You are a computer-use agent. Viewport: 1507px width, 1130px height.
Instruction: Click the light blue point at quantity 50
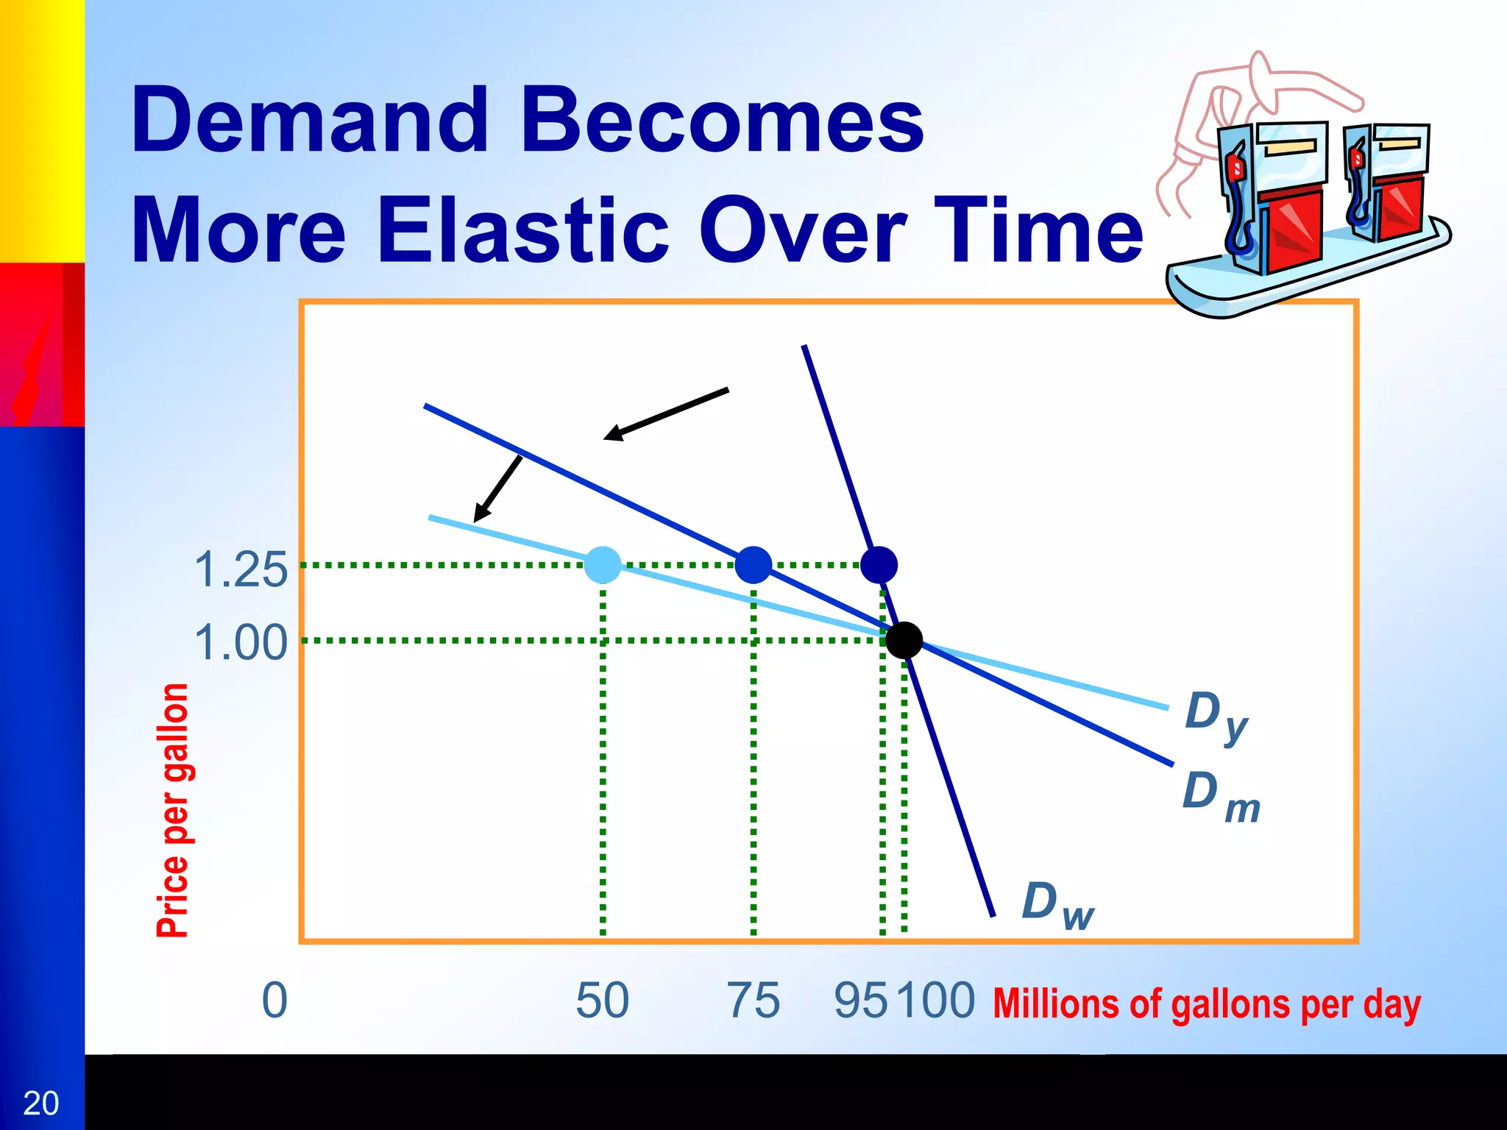(603, 565)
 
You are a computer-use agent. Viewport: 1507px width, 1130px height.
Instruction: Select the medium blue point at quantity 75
(753, 565)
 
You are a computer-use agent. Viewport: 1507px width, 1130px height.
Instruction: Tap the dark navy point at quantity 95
(879, 565)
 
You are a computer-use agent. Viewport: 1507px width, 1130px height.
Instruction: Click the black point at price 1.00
(904, 640)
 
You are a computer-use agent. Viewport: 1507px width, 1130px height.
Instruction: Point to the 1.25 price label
(241, 569)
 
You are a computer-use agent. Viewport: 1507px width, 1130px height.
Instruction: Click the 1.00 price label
(241, 642)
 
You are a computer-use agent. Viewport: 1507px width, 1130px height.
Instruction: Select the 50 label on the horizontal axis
(602, 1001)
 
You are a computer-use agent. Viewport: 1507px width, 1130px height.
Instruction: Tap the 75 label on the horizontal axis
(753, 1001)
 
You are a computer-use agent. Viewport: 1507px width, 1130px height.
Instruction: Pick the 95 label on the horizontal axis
(861, 1001)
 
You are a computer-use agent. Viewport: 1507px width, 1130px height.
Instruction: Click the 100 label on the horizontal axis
(936, 1001)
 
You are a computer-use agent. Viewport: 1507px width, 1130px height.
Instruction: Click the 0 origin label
(274, 1001)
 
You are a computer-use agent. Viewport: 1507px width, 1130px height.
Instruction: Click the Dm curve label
(1221, 797)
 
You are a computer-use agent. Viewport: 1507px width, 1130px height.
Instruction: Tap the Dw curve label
(1058, 906)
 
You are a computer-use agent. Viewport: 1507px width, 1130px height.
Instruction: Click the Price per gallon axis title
(173, 809)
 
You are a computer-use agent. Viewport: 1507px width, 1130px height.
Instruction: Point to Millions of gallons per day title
(1206, 1003)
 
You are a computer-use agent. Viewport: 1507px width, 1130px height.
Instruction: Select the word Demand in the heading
(309, 119)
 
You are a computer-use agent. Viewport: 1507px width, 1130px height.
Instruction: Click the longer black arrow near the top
(666, 414)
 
